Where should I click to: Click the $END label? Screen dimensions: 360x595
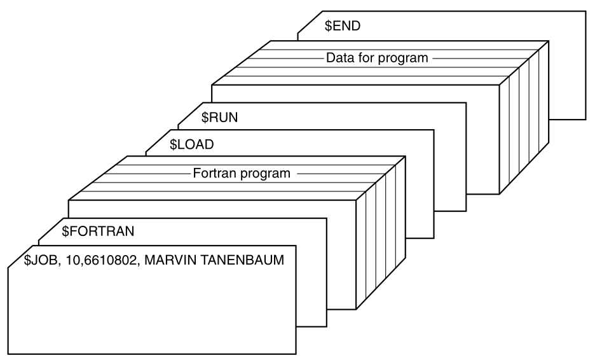click(x=343, y=27)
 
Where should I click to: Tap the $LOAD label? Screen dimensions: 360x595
click(x=191, y=144)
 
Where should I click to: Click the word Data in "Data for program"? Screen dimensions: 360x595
click(x=339, y=58)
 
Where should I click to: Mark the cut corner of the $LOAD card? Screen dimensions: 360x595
click(x=156, y=139)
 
